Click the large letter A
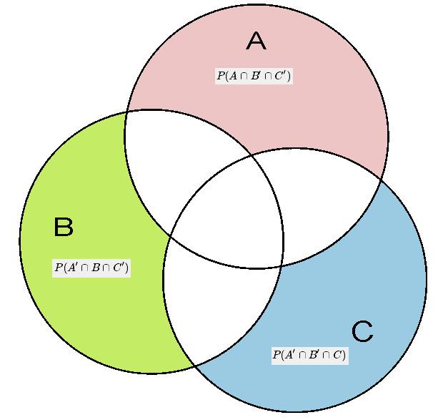pyautogui.click(x=256, y=41)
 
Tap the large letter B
pyautogui.click(x=64, y=228)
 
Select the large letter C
pyautogui.click(x=362, y=331)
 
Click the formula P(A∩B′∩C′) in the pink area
pyautogui.click(x=254, y=76)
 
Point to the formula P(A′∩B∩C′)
pyautogui.click(x=91, y=268)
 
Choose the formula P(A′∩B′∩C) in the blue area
pyautogui.click(x=309, y=355)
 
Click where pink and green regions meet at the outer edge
pyautogui.click(x=127, y=112)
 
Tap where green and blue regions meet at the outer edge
pyautogui.click(x=194, y=366)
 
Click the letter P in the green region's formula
pyautogui.click(x=58, y=268)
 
